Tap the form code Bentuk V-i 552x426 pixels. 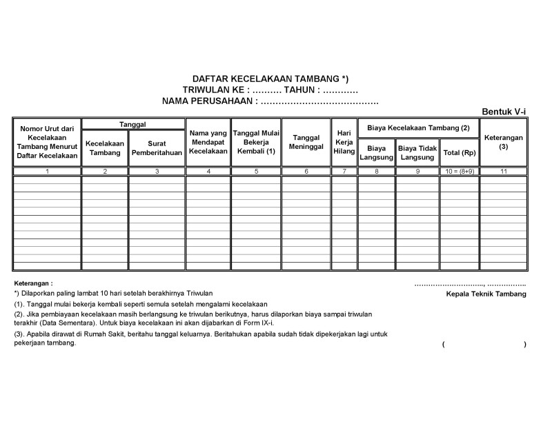click(504, 112)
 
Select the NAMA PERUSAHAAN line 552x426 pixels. click(270, 101)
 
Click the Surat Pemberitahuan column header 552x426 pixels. click(157, 148)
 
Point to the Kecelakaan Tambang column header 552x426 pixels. click(104, 148)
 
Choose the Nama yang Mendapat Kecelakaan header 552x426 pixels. click(208, 141)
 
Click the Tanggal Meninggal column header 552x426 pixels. click(306, 141)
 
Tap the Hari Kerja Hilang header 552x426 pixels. click(344, 141)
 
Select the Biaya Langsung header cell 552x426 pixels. click(376, 152)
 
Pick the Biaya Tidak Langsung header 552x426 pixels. click(417, 152)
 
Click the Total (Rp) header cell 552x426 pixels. click(459, 152)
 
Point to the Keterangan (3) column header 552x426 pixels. click(503, 141)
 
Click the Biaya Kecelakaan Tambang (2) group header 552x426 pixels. click(418, 128)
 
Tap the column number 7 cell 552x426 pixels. click(344, 171)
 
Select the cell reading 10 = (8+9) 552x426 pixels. click(459, 171)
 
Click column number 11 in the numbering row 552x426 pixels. click(503, 171)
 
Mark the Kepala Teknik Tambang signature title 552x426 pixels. click(486, 294)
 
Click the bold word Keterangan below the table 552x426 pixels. click(33, 283)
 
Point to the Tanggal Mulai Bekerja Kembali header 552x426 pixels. click(255, 141)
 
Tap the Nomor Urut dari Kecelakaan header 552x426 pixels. click(47, 141)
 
